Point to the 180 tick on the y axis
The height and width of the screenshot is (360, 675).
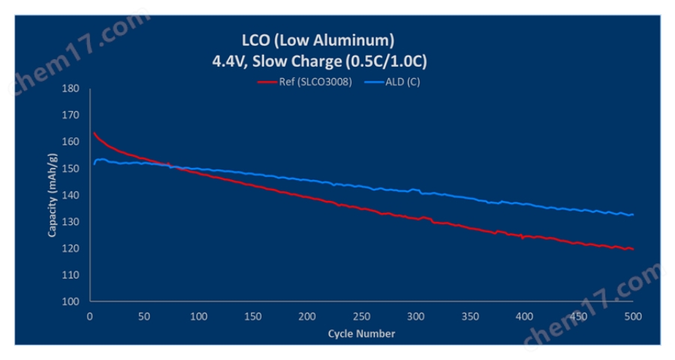pyautogui.click(x=70, y=88)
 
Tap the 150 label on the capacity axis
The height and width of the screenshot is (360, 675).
pyautogui.click(x=70, y=169)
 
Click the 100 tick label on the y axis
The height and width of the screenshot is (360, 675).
pyautogui.click(x=70, y=301)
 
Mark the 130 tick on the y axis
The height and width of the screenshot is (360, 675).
pyautogui.click(x=70, y=222)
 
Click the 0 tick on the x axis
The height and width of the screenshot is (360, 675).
pyautogui.click(x=90, y=316)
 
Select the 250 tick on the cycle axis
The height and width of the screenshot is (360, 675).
pyautogui.click(x=361, y=316)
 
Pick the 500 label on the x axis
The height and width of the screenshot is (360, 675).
pyautogui.click(x=633, y=316)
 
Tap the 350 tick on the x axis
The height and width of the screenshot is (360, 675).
pyautogui.click(x=470, y=316)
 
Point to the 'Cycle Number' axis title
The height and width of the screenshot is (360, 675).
pyautogui.click(x=361, y=332)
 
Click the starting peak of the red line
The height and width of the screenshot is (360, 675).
pyautogui.click(x=94, y=133)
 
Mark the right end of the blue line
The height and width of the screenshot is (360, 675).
pyautogui.click(x=633, y=214)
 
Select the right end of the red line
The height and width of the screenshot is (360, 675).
pyautogui.click(x=633, y=249)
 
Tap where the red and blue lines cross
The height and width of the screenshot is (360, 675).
pyautogui.click(x=171, y=166)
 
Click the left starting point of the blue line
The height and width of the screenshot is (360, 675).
pyautogui.click(x=94, y=163)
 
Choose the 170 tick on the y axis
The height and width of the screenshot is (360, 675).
pyautogui.click(x=70, y=115)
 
